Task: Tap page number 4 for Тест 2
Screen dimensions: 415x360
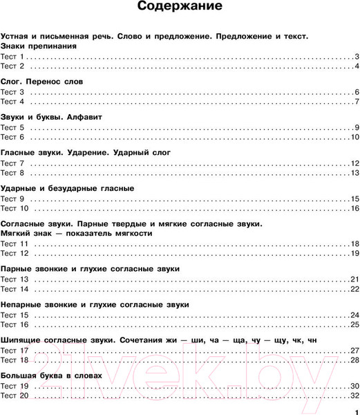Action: pos(356,66)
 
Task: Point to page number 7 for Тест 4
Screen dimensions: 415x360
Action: pos(356,102)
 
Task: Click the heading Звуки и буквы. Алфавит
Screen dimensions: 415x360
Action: pos(51,117)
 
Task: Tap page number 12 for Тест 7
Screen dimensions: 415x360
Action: pos(354,163)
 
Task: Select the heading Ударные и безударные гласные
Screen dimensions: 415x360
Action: pos(67,188)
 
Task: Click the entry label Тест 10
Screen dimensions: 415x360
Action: pos(14,209)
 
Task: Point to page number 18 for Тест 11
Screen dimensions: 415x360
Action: pos(354,244)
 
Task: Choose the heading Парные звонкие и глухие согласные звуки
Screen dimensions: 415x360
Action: pos(90,268)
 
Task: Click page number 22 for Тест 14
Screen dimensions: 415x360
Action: pos(354,289)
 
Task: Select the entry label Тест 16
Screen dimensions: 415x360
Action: pos(14,324)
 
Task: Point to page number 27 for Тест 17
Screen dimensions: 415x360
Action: pos(354,350)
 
